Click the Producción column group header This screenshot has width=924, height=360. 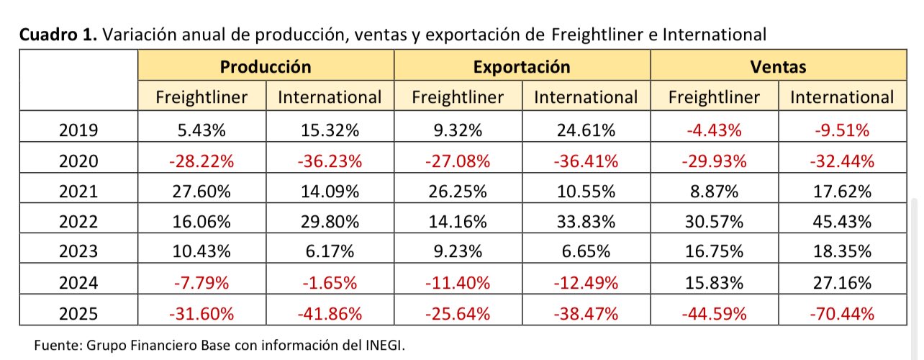pos(266,67)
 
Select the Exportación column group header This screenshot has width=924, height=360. pos(522,67)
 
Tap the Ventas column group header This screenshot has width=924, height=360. pos(778,67)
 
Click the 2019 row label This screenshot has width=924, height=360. pos(78,130)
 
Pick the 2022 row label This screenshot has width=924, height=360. pos(78,222)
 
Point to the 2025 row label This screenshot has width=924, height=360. pos(78,313)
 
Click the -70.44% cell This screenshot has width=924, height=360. pos(842,313)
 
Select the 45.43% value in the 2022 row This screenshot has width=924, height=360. pos(842,222)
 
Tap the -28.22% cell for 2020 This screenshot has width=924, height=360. pos(201,161)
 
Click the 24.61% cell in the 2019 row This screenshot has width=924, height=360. pos(586,130)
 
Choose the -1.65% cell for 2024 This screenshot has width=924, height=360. pos(330,283)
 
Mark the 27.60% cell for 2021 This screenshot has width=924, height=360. pos(201,192)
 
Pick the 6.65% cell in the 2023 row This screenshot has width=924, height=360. pos(586,253)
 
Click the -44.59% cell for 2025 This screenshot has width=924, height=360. pos(714,313)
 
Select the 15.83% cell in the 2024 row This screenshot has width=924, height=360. pos(714,283)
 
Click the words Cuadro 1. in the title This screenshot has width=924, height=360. pos(58,35)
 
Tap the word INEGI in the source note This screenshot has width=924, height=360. pos(384,345)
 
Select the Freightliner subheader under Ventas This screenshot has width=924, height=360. pos(714,97)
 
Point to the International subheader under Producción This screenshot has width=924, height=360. pos(330,97)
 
